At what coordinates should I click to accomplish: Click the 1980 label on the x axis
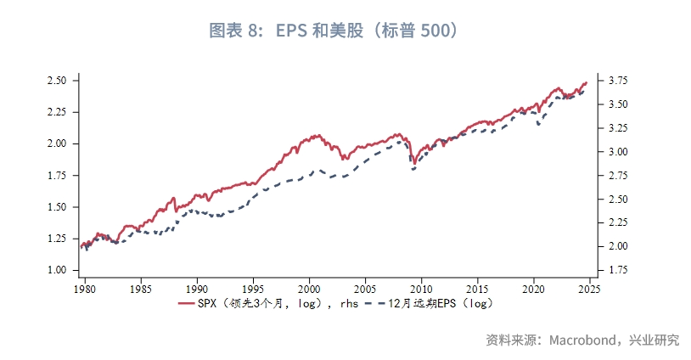[85, 288]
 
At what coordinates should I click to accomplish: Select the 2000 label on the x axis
[309, 288]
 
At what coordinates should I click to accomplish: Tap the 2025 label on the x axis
[589, 288]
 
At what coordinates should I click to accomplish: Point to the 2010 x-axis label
[421, 288]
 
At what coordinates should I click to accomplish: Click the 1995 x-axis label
[253, 288]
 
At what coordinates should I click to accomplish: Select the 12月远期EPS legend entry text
[441, 303]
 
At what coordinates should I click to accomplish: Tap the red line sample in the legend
[188, 303]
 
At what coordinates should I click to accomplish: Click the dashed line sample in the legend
[371, 303]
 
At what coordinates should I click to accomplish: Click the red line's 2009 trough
[413, 162]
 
